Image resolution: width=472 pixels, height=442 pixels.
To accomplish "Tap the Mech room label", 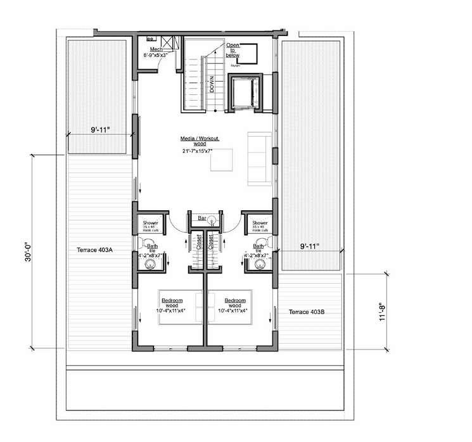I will (x=156, y=49).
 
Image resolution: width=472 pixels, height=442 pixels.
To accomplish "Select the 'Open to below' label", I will (x=233, y=50).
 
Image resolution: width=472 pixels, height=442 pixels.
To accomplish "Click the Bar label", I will (x=202, y=218).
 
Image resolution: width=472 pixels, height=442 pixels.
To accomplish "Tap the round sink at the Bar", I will (x=214, y=220).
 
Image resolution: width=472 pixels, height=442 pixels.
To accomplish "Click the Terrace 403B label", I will (x=307, y=312).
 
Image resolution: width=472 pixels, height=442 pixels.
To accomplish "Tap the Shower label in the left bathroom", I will (x=151, y=223).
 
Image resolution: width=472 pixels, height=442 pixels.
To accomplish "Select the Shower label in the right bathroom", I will (x=259, y=223).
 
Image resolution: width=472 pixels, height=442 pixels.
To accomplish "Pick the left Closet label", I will (x=199, y=243).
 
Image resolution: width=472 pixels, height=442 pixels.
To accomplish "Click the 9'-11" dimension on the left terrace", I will (x=101, y=131).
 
